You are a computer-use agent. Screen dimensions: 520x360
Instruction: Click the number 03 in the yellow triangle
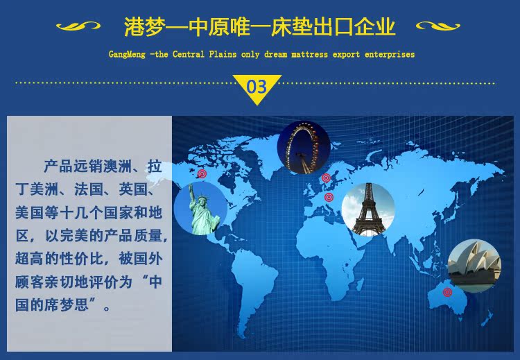[257, 87]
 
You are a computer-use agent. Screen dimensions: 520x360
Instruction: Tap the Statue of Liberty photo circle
[200, 208]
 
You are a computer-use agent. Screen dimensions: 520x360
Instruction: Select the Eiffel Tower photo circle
[368, 209]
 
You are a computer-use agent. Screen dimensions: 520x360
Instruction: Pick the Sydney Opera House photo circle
[474, 266]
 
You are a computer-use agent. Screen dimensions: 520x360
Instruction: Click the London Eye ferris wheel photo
[304, 148]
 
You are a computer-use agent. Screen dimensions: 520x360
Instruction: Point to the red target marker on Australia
[447, 292]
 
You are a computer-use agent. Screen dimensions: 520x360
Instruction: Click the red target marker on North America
[202, 173]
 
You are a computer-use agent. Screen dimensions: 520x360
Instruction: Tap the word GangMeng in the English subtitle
[127, 54]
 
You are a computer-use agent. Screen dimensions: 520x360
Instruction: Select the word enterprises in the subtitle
[390, 54]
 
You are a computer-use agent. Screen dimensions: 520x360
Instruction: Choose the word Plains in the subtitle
[223, 54]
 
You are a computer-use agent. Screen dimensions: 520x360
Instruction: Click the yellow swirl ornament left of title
[78, 26]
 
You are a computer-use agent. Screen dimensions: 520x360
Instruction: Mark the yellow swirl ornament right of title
[438, 26]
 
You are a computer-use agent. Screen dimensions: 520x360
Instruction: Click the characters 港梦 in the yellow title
[144, 26]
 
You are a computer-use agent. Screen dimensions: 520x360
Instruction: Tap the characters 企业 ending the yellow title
[374, 26]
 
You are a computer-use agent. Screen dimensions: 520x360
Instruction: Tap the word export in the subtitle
[346, 54]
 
